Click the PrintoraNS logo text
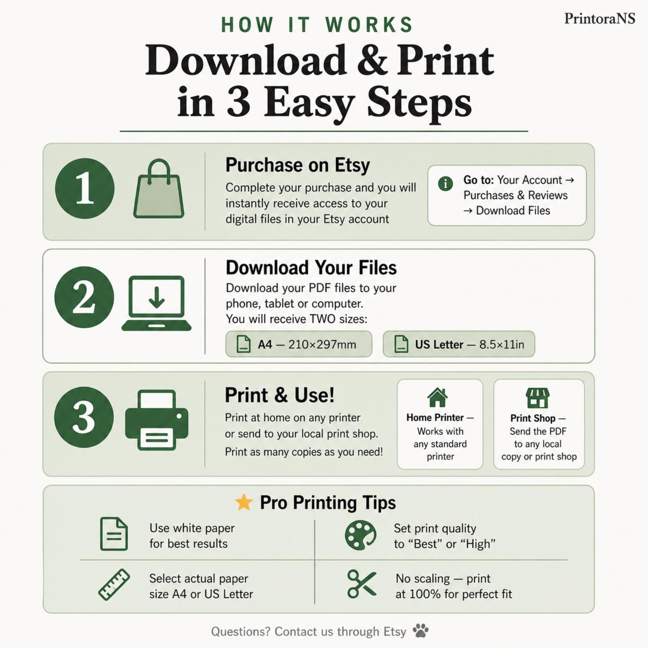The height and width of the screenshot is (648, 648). coord(599,18)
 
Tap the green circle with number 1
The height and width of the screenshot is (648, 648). coord(85,189)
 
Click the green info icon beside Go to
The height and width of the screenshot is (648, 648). coord(445,183)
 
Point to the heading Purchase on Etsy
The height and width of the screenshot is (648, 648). coord(297,165)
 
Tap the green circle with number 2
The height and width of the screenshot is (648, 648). coord(84,297)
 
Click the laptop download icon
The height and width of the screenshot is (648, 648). coord(156,303)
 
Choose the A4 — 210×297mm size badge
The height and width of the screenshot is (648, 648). coord(298,344)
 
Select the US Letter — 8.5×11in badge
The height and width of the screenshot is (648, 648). coord(458,344)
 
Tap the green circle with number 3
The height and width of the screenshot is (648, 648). coord(84,417)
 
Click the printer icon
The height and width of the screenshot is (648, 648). coord(156,420)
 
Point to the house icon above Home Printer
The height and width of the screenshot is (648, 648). coord(437,398)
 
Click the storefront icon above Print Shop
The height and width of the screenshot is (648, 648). coord(538,398)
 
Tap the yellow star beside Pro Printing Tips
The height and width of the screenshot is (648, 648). coord(244,502)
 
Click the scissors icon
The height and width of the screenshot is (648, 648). coord(362,584)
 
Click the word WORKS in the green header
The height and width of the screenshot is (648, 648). coord(369,25)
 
